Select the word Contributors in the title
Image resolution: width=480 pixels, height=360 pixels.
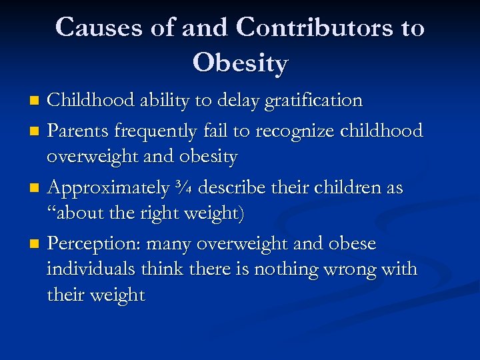click(x=317, y=27)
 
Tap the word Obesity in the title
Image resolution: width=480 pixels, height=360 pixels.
click(x=240, y=63)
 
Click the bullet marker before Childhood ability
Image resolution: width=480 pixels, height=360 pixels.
click(x=37, y=101)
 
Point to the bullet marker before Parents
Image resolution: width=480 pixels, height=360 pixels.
click(x=37, y=132)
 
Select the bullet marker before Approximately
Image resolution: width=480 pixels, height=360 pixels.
click(x=37, y=189)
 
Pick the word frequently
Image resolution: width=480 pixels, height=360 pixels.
click(x=158, y=131)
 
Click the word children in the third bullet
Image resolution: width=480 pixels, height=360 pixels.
click(x=346, y=188)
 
